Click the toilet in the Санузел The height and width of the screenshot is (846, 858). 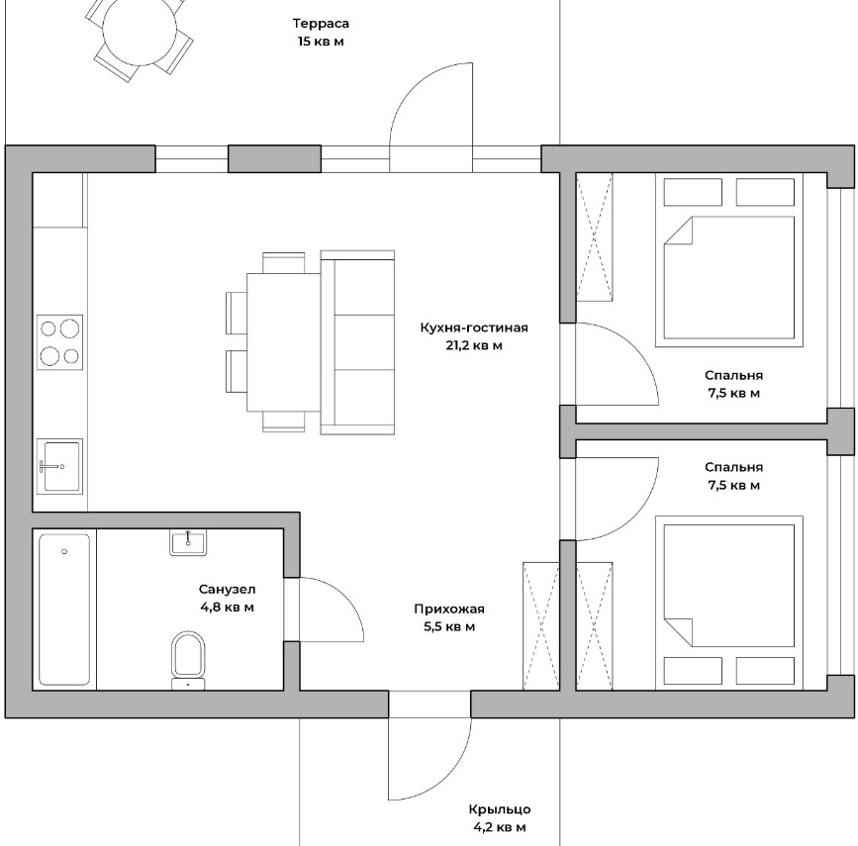coord(188,660)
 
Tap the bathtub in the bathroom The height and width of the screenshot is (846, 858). coord(64,610)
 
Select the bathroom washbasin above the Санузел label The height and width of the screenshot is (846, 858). coord(188,543)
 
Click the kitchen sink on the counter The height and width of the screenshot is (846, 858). coord(60,466)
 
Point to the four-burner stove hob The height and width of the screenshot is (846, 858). coord(60,342)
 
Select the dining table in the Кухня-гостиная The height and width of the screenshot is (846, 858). coord(283,342)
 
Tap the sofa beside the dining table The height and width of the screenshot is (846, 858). coord(357,342)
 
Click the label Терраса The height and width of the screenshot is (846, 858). coord(321,24)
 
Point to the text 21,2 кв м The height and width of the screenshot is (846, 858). coord(474,345)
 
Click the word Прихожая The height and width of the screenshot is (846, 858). coord(449,610)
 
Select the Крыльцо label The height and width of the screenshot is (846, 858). coord(500,809)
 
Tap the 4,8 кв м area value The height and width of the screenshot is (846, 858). coord(228,607)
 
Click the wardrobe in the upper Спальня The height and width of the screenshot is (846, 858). coord(594,236)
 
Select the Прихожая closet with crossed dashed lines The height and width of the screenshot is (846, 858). coord(541,625)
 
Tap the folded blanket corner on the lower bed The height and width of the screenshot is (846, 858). coord(678,632)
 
